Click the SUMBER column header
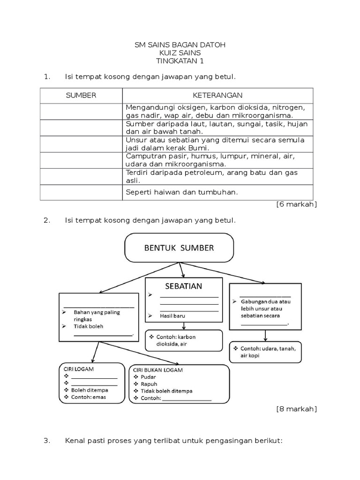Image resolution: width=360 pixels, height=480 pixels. (81, 95)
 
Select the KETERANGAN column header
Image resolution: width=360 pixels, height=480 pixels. (217, 95)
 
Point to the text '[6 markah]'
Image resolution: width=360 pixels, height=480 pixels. (297, 204)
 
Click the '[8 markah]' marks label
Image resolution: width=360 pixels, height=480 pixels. (297, 409)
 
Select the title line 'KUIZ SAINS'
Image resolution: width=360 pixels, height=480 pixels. (180, 53)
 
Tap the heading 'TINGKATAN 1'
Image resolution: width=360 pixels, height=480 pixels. (180, 61)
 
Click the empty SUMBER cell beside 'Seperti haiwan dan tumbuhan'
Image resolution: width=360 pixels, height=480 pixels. (81, 192)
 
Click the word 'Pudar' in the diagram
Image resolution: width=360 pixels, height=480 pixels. (148, 377)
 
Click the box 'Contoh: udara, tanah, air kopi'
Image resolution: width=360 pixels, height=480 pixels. (265, 352)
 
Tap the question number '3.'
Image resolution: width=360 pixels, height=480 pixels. (46, 441)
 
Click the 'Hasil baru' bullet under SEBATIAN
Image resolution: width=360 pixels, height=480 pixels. (172, 316)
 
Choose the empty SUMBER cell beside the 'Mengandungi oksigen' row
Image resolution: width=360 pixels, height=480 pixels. (81, 112)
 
